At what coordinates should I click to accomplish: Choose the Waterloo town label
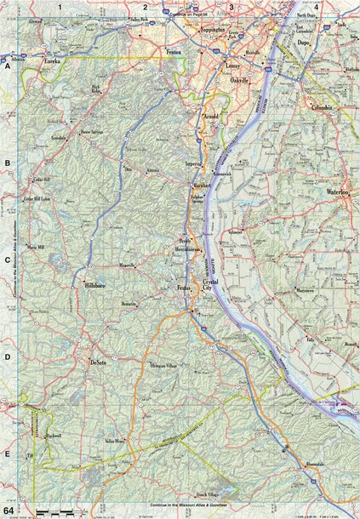[339, 192]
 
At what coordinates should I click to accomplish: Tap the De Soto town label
[97, 362]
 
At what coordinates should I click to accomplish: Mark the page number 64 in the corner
[8, 509]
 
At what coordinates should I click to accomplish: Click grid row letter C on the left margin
[7, 260]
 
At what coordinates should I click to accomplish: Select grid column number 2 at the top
[146, 7]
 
